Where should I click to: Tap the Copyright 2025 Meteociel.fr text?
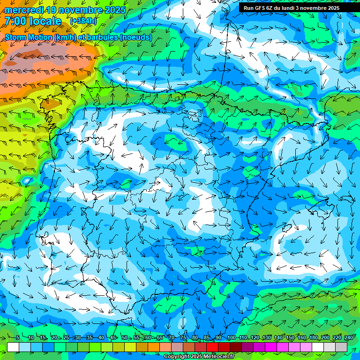(x=199, y=357)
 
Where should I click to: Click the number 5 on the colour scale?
(x=17, y=338)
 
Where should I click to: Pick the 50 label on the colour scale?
(x=125, y=338)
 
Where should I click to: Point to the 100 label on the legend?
(x=231, y=338)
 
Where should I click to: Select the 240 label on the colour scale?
(x=349, y=338)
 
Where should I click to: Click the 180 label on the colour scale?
(x=314, y=338)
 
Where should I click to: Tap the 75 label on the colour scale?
(x=183, y=338)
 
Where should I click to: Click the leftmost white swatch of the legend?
(x=13, y=347)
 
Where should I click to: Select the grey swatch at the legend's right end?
(x=342, y=347)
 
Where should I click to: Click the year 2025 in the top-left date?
(x=115, y=10)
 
